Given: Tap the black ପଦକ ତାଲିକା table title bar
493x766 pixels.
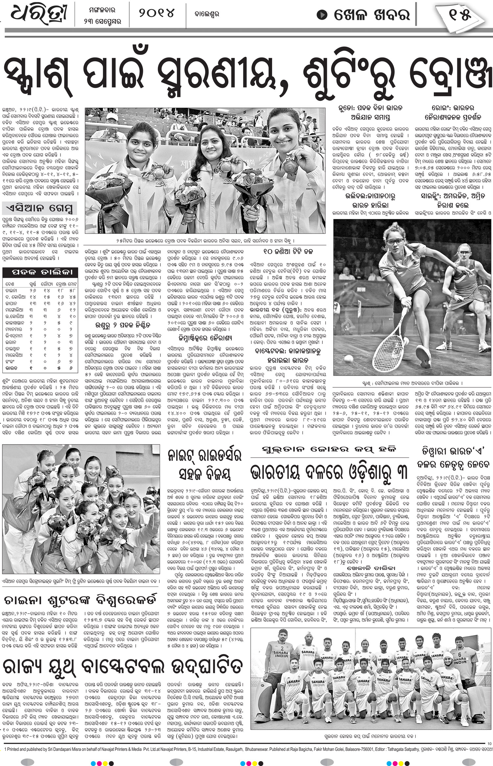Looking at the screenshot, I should click(x=40, y=272).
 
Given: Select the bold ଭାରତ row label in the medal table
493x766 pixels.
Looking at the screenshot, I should click(x=12, y=368).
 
